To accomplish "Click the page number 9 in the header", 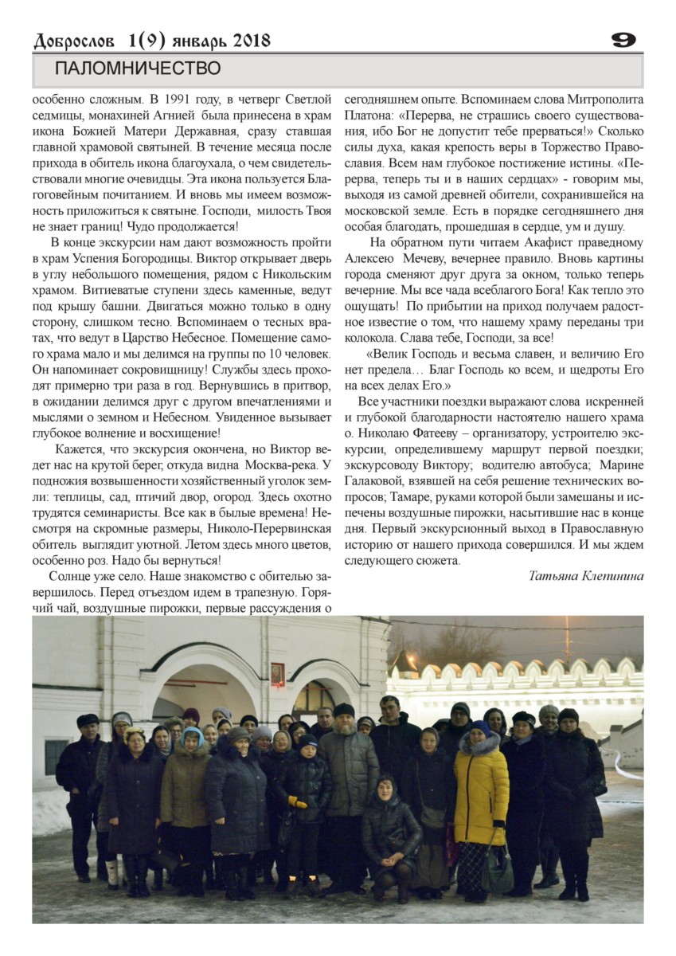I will click(623, 40).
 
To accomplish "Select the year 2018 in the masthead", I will click(247, 41).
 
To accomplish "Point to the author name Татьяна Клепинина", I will click(585, 576).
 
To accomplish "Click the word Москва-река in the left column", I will click(277, 464).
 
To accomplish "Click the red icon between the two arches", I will click(277, 674).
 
